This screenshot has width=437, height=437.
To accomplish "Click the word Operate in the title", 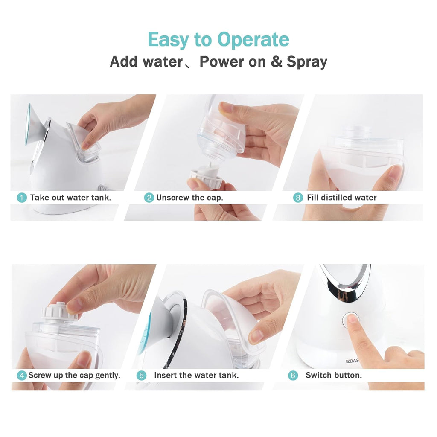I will pos(253,40).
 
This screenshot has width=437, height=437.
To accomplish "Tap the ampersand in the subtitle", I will pos(277,61).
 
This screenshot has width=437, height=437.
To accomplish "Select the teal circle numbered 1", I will pos(21,198).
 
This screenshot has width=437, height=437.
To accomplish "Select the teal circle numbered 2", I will pos(149,198).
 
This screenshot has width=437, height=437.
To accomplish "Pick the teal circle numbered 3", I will pos(297,198).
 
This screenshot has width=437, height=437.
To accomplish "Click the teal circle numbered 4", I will pos(21,376).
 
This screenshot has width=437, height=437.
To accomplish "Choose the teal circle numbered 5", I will pos(141,376).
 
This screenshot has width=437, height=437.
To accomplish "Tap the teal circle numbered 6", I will pos(293,376).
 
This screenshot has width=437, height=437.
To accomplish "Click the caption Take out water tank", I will pos(70,198).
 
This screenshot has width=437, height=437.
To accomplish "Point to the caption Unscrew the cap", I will pos(189,198).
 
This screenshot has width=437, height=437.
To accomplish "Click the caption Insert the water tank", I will pos(196,376).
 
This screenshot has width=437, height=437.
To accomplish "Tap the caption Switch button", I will pos(334,376).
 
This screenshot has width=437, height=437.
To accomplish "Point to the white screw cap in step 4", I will pos(58,311).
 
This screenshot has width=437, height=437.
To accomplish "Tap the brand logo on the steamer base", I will pos(353,361).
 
